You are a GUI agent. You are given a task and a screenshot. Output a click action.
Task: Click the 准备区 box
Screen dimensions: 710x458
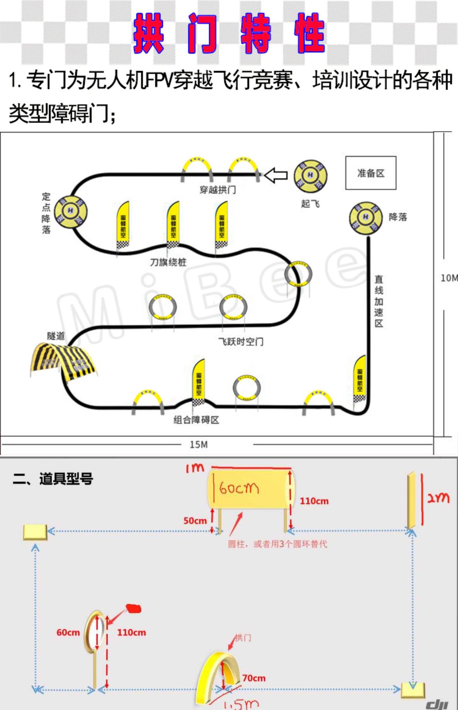coord(370,173)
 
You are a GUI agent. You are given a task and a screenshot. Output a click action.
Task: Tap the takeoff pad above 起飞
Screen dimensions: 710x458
coord(310,176)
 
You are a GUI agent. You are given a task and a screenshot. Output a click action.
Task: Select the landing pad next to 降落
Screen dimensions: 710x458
coord(366,218)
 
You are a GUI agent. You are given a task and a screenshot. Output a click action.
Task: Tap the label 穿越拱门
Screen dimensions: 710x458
coord(218,190)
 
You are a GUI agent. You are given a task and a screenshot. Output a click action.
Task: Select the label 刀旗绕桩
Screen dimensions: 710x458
coord(168,262)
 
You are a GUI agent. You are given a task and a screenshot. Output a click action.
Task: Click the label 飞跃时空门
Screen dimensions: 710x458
coord(241,342)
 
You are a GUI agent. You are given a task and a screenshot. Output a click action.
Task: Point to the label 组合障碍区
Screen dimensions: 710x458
coord(196,420)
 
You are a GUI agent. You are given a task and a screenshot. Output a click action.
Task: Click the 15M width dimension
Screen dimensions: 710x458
coord(199,444)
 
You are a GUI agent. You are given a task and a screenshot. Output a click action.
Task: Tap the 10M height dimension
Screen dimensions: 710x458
coord(449,278)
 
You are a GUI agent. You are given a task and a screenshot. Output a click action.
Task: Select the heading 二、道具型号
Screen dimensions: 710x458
coord(53,479)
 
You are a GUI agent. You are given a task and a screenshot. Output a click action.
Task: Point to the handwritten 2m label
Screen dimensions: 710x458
coord(438,497)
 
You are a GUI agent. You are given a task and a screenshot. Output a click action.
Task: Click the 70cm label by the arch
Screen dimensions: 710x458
coord(254,678)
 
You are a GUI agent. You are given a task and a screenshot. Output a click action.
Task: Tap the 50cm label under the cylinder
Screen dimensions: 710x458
coord(195,521)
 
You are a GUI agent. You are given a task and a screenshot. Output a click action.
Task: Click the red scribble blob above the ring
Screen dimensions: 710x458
coord(134,608)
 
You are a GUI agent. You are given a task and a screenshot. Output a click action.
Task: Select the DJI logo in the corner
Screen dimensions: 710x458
coord(437,702)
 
